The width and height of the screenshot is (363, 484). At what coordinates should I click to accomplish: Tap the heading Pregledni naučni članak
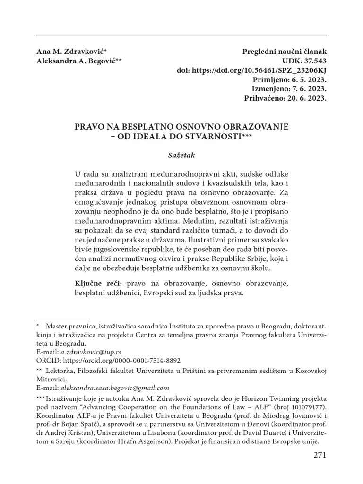point(284,52)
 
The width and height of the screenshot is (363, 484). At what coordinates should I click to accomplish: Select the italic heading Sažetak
point(181,154)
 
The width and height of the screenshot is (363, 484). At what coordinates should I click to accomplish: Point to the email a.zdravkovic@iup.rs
point(91,352)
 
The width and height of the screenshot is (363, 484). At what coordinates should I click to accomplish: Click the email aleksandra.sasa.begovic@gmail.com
point(115,388)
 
